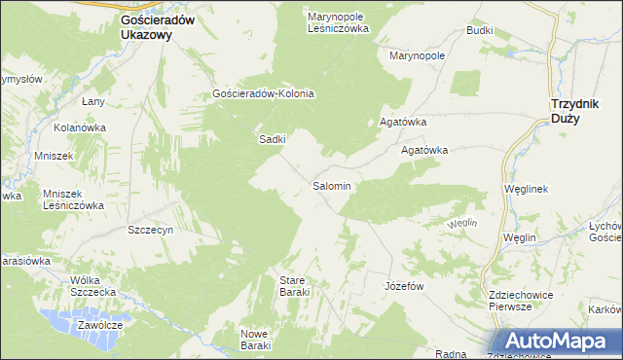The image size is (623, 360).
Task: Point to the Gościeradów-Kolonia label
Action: [x=263, y=94]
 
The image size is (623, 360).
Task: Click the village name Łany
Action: [x=93, y=101]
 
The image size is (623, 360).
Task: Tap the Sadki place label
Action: [x=272, y=139]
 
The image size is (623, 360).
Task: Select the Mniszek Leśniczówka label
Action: [x=73, y=199]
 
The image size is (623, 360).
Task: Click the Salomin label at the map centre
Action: [x=331, y=185]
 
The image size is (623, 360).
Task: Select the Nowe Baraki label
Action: [x=255, y=340]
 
